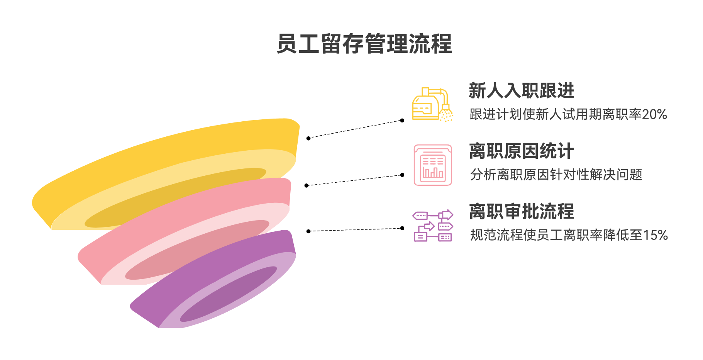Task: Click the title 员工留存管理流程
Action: tap(364, 44)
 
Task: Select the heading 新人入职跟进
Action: tap(521, 91)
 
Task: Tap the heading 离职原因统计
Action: tap(521, 151)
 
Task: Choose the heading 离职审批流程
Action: tap(521, 211)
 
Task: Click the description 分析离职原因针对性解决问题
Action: tap(556, 175)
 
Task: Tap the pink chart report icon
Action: tap(433, 165)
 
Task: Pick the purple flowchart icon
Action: tap(433, 226)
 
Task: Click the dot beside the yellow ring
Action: tap(308, 138)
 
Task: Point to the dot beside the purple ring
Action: tap(308, 231)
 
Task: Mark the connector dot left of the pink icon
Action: tap(402, 175)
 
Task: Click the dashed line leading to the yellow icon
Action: tap(355, 129)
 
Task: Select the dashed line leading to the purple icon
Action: tap(355, 230)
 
